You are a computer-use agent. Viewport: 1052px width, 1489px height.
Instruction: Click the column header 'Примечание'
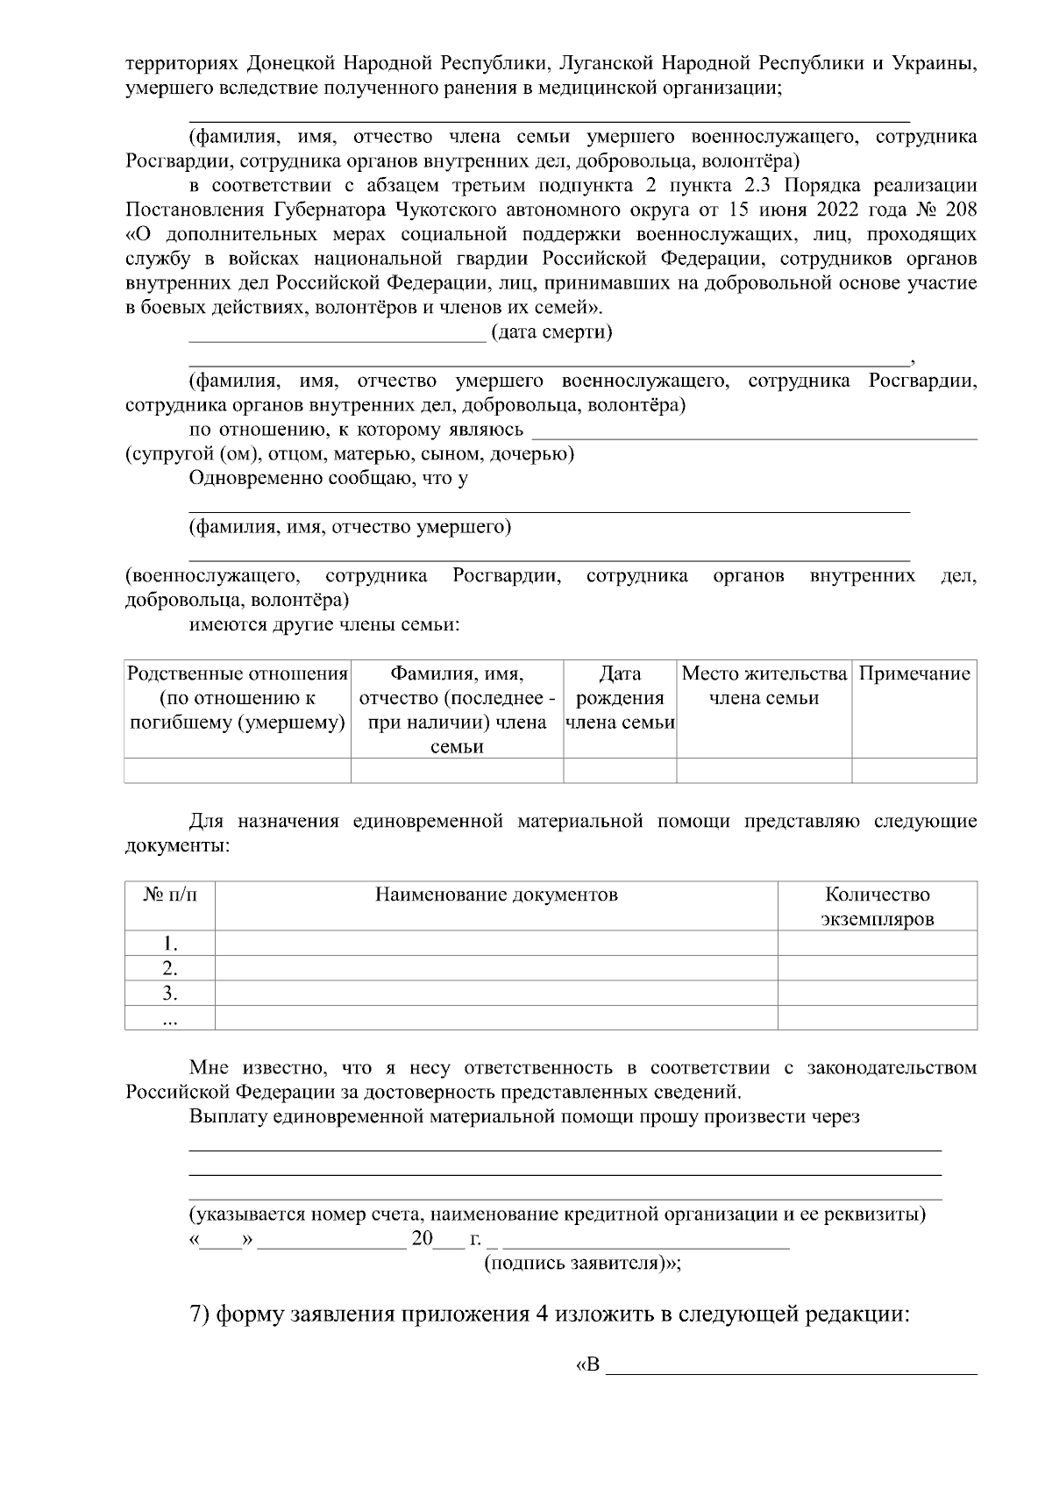913,673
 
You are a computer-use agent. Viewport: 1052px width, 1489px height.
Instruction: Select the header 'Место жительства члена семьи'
764,686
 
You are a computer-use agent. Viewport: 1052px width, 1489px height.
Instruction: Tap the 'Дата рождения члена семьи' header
620,698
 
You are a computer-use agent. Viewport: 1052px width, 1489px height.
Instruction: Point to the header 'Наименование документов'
496,894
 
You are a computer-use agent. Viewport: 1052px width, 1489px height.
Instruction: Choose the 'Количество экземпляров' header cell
877,907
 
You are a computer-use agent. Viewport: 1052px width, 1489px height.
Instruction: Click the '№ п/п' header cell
170,894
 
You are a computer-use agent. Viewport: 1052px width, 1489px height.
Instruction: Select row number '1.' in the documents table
170,944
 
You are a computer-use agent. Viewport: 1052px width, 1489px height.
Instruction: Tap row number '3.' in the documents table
170,994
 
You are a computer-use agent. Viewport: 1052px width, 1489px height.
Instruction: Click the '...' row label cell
170,1018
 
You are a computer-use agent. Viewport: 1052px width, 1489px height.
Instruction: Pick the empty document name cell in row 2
496,969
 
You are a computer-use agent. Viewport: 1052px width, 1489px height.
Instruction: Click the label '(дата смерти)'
551,332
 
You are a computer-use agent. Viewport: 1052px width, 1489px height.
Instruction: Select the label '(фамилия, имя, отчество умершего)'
350,527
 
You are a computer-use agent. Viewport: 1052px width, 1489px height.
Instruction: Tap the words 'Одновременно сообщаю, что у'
328,478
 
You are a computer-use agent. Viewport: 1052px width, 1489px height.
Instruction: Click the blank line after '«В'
792,1371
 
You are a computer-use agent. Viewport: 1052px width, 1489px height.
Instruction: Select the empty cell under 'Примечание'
913,771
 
